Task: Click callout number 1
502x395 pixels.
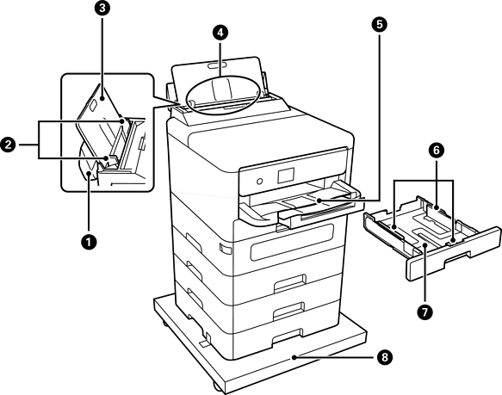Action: click(89, 242)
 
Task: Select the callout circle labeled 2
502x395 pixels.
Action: click(8, 145)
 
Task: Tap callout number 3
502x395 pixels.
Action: click(102, 9)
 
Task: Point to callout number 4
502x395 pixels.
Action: click(220, 33)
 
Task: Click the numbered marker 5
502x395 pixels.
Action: click(380, 24)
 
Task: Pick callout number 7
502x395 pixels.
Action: click(425, 312)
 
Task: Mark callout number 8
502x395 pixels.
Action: click(384, 356)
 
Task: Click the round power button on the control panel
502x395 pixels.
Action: click(260, 182)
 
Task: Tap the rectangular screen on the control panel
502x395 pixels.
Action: click(286, 176)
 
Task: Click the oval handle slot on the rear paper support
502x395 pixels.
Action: click(217, 65)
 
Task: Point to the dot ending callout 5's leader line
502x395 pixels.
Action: click(319, 201)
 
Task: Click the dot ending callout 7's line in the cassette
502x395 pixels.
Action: click(425, 245)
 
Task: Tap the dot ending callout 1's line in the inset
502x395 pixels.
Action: click(89, 174)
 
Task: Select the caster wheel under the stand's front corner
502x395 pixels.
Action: click(217, 386)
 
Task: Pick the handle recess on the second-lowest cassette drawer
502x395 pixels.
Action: click(288, 311)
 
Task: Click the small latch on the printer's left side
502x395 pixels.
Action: click(224, 249)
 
